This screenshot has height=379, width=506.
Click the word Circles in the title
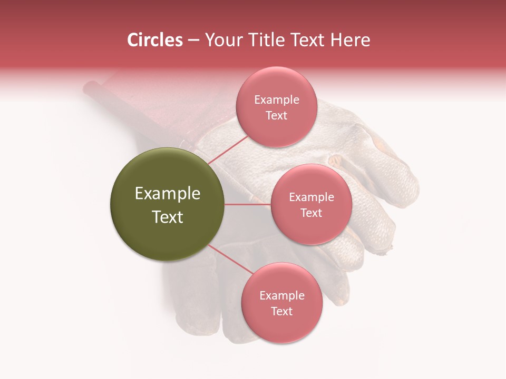coord(155,40)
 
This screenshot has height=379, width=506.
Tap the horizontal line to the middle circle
coord(248,204)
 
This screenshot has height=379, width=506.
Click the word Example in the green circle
coord(168,194)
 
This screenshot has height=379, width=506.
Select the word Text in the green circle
coord(168,217)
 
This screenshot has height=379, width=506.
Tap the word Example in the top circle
coord(277,100)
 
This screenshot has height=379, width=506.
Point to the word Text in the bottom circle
coord(281,311)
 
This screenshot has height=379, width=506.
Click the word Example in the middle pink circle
coord(312,197)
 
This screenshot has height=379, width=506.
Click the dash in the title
coord(193,40)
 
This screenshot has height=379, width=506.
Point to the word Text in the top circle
coord(276,116)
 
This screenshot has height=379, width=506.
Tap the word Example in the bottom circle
coord(282,295)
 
